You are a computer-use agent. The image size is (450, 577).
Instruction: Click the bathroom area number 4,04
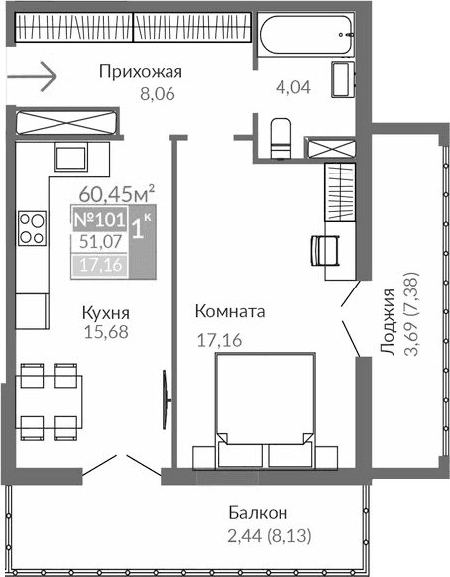point(294,87)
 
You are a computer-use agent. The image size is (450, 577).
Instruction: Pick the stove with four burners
point(32,229)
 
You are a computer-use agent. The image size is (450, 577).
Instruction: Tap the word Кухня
point(106,314)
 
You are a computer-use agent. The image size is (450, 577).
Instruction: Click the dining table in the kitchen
point(50,402)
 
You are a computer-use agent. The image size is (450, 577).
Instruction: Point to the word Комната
point(228,311)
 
